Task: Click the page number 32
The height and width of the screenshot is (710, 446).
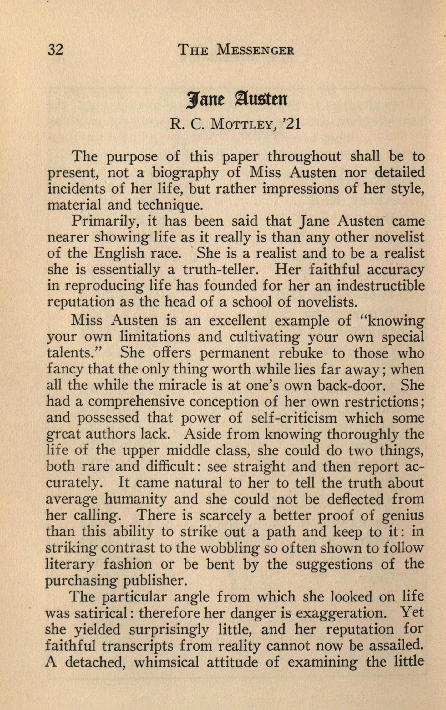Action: pyautogui.click(x=55, y=50)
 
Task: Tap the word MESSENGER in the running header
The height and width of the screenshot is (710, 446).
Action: pyautogui.click(x=255, y=50)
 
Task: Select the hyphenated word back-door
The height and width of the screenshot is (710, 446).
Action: pyautogui.click(x=350, y=385)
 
